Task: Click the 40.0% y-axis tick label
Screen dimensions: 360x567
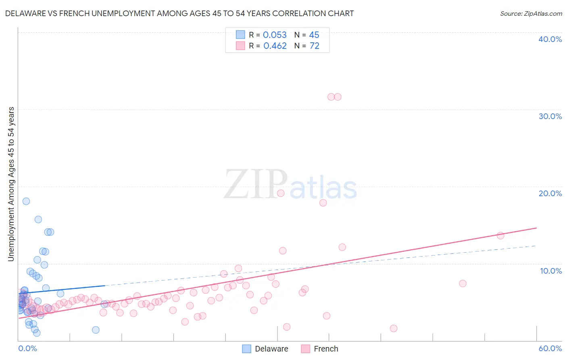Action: coord(550,39)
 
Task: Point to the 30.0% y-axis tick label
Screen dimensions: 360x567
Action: coord(550,116)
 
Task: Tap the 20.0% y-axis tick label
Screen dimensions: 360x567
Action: coord(550,193)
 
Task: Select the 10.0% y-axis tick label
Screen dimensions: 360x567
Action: coord(551,271)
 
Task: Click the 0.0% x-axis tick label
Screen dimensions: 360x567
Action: coord(27,348)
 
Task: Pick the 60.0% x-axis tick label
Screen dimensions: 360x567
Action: coord(550,348)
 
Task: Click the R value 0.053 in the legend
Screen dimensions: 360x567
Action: coord(275,35)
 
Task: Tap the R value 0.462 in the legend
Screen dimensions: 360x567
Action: coord(275,46)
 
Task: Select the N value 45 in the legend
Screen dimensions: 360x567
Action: coord(314,35)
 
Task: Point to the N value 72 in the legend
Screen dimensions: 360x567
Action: coord(314,46)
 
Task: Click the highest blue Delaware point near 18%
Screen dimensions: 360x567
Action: coord(26,201)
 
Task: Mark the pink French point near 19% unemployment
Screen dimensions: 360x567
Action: coord(281,193)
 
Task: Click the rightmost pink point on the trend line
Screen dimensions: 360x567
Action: coord(500,236)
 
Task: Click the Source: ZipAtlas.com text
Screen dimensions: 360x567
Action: coord(531,14)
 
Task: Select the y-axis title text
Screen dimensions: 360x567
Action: coord(11,184)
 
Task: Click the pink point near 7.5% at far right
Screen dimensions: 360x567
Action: coord(463,283)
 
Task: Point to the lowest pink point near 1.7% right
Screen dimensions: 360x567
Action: coord(394,329)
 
